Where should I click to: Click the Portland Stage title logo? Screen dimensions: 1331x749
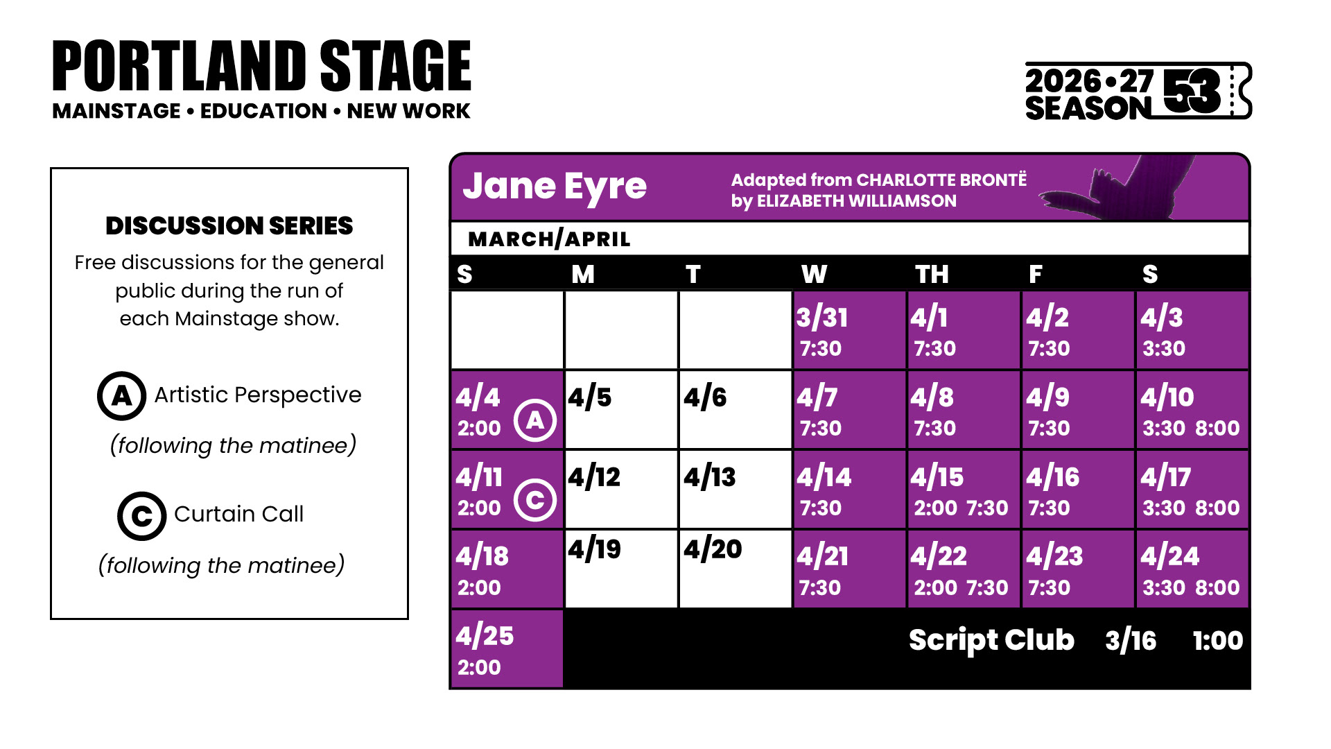261,67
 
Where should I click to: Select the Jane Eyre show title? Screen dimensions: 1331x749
555,187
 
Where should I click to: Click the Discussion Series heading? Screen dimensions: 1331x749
229,226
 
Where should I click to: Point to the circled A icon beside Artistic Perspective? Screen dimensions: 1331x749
121,396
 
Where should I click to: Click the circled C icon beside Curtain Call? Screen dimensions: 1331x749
141,516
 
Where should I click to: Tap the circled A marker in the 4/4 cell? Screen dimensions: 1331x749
535,420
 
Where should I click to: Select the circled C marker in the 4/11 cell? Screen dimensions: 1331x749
535,500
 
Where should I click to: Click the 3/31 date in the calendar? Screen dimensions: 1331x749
821,318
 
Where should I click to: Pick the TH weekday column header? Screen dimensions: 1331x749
932,275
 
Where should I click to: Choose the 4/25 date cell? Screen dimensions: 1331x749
507,649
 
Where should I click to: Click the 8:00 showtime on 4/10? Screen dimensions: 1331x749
1217,429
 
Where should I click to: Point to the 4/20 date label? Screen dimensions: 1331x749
713,549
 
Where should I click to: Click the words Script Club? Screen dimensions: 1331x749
991,640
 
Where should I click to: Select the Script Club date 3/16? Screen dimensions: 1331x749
1131,641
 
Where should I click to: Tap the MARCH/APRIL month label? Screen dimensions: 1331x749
549,239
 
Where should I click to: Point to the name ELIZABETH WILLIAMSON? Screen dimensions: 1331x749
857,201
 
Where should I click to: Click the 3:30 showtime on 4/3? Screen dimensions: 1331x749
1164,349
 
